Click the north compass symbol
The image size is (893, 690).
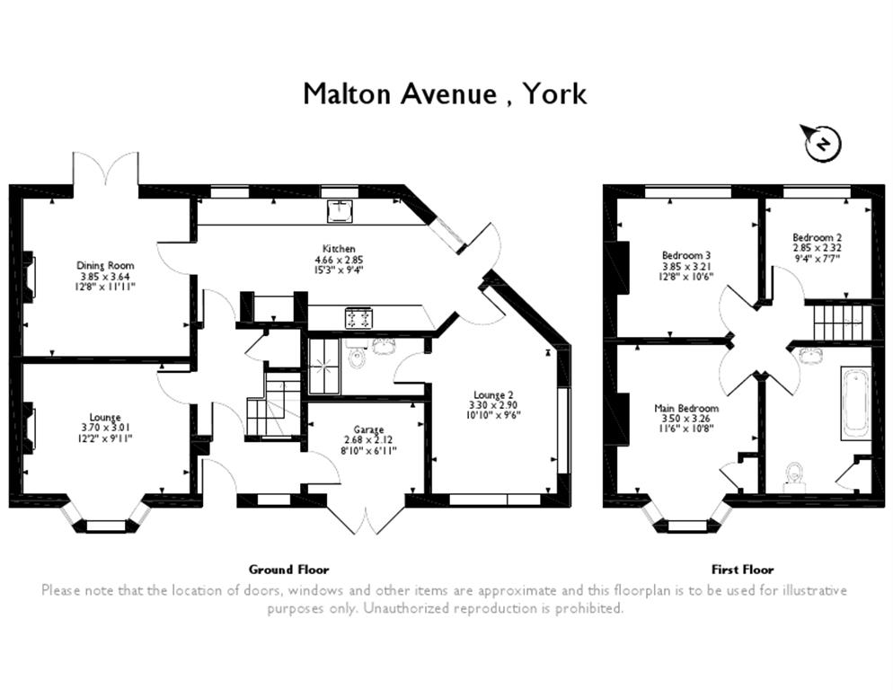[822, 143]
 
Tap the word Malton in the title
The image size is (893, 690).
[347, 93]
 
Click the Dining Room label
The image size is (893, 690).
[105, 265]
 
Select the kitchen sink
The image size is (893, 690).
[340, 210]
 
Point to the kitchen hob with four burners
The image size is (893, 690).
[358, 316]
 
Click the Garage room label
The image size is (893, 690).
[368, 429]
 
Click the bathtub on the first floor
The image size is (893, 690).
[855, 402]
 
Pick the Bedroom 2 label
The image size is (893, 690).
[818, 237]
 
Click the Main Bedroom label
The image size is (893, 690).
[685, 408]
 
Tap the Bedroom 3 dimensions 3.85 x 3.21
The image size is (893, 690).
[686, 266]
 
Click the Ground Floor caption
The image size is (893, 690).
[288, 569]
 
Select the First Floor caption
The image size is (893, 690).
[743, 569]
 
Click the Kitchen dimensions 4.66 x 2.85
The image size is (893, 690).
[339, 260]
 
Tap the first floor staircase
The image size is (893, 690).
[838, 321]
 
